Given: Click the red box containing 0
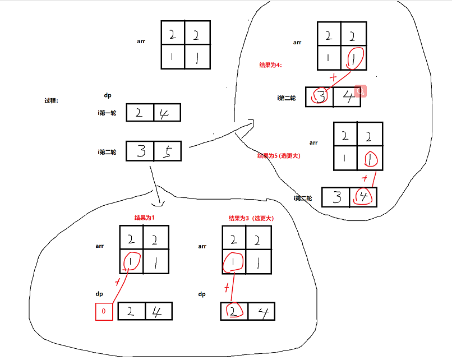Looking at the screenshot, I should point(104,312).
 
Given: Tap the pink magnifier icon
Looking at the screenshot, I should point(361,91).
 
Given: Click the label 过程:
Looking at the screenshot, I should point(52,101).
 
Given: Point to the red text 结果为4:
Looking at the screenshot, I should point(270,65).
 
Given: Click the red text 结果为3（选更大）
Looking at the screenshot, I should point(251,218).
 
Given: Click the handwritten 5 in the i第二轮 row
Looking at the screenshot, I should point(167,151).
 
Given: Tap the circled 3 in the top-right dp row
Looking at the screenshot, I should point(320,97).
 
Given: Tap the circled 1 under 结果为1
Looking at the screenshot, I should point(131,261).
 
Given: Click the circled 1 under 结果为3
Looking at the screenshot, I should point(233,261).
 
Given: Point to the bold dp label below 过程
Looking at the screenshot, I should point(108,95).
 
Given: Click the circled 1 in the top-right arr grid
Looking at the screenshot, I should point(354,58).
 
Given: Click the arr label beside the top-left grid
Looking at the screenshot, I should point(141,41).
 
